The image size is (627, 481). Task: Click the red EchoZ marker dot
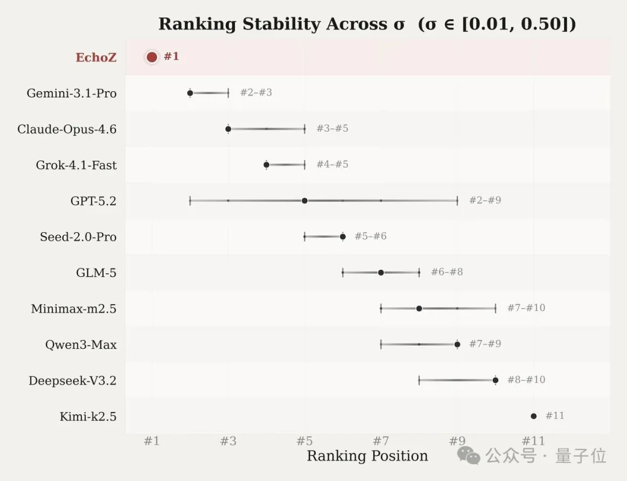(x=152, y=57)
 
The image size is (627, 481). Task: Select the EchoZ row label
(x=96, y=58)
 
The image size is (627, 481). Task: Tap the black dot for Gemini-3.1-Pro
(x=190, y=93)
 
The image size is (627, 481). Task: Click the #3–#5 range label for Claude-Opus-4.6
(x=332, y=129)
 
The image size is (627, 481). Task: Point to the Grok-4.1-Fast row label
(x=76, y=165)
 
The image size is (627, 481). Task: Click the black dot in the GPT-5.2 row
(x=304, y=201)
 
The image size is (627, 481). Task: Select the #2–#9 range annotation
(x=485, y=201)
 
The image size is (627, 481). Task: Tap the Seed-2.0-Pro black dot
(x=343, y=237)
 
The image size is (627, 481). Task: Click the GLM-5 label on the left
(x=96, y=273)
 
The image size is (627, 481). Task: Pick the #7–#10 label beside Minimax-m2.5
(x=526, y=308)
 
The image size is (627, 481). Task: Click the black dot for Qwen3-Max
(x=457, y=345)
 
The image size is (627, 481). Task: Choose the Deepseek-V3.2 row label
(x=73, y=381)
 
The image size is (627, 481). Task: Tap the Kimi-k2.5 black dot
(x=534, y=416)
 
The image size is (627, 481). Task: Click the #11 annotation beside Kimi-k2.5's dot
(x=554, y=416)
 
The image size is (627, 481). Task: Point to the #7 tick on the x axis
(x=381, y=442)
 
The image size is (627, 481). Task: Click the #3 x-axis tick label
(x=228, y=442)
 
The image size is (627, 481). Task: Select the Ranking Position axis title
(x=367, y=457)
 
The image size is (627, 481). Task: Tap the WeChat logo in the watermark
(x=469, y=455)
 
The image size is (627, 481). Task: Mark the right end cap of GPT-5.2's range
(x=457, y=201)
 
